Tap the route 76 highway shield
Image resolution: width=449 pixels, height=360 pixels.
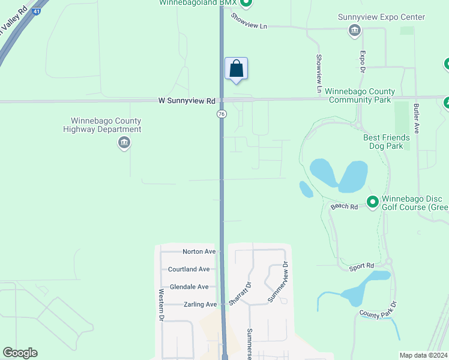[221, 113]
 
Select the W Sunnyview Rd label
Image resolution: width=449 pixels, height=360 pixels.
[186, 101]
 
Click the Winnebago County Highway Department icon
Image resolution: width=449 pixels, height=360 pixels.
[124, 143]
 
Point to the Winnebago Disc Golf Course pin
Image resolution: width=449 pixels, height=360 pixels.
[372, 202]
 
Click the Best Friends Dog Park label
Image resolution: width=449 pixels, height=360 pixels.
[387, 142]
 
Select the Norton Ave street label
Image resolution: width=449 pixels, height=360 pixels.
[199, 251]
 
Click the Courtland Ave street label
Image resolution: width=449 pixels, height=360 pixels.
[188, 269]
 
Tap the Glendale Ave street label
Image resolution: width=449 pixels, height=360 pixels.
[188, 287]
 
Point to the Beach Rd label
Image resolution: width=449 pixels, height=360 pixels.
[344, 206]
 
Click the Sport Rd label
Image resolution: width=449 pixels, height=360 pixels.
[361, 266]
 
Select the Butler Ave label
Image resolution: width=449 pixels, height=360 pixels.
[415, 116]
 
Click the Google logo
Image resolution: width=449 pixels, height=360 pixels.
[20, 353]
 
